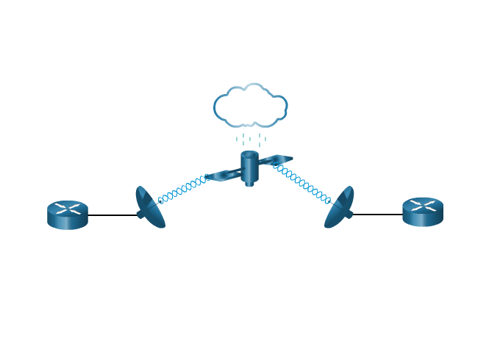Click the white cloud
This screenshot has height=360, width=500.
[x=250, y=106]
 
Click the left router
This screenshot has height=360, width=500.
[x=68, y=215]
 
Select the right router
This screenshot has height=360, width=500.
[x=423, y=212]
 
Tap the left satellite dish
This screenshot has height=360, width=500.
[x=149, y=207]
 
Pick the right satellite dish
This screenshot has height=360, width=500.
[x=339, y=207]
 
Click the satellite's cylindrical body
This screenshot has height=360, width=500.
[x=250, y=169]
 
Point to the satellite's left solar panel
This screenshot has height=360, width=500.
[x=224, y=175]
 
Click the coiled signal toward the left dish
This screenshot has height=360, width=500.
[x=184, y=189]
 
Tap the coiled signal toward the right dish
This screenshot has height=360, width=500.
[x=301, y=183]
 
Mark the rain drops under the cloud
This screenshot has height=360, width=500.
[x=251, y=138]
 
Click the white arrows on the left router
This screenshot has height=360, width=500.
[x=68, y=209]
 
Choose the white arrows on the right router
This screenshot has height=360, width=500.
[x=423, y=205]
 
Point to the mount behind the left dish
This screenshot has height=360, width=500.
[x=140, y=215]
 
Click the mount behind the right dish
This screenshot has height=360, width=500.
[x=350, y=214]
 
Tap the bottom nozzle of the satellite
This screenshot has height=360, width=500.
[x=250, y=184]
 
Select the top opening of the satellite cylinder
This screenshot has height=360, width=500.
[x=250, y=154]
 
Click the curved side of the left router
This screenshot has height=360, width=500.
[x=68, y=222]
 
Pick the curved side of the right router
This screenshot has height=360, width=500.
[x=423, y=219]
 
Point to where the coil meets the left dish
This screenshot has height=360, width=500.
[x=160, y=201]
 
